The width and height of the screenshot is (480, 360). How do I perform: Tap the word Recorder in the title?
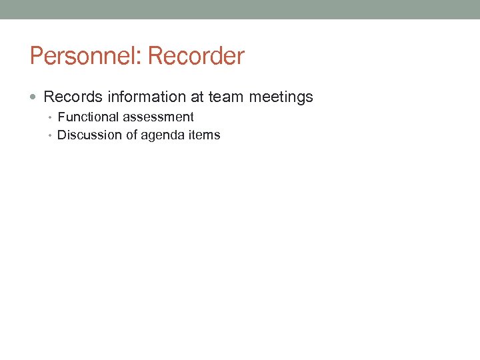[x=196, y=56]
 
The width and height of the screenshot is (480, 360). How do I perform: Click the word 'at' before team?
[x=197, y=97]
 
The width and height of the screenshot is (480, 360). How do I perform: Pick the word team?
[x=226, y=97]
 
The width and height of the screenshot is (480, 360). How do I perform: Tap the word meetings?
[x=281, y=98]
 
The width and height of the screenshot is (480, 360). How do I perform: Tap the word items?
[x=203, y=135]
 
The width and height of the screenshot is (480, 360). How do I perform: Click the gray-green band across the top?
[x=240, y=9]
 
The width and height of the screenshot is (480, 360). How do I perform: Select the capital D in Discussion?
[x=62, y=135]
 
